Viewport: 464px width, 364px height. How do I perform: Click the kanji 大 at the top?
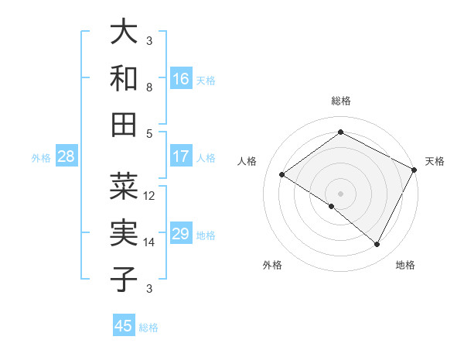tap(125, 33)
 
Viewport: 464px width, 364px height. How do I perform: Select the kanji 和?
tap(125, 78)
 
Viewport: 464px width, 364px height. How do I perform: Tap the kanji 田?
tap(125, 124)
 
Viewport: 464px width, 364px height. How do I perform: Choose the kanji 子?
tap(125, 280)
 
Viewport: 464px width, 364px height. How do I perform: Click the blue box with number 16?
tap(181, 79)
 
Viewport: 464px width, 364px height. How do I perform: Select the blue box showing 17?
tap(181, 156)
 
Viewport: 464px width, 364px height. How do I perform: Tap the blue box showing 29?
tap(181, 234)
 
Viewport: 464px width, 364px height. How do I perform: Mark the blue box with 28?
tap(67, 157)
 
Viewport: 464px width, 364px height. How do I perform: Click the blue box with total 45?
tap(124, 326)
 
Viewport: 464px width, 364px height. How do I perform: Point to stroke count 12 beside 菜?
tap(149, 196)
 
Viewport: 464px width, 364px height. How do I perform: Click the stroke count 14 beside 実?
tap(149, 242)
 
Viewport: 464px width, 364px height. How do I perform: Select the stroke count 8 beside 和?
tap(149, 88)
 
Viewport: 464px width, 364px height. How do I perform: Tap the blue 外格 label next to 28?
tap(41, 158)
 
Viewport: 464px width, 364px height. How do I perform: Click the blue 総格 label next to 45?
tap(148, 328)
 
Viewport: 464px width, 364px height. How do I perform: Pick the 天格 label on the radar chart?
tap(435, 161)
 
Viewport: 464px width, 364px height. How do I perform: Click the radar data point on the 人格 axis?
tap(282, 175)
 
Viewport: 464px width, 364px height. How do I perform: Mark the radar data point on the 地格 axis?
tap(377, 245)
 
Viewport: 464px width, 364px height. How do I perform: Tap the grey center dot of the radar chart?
tap(340, 193)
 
